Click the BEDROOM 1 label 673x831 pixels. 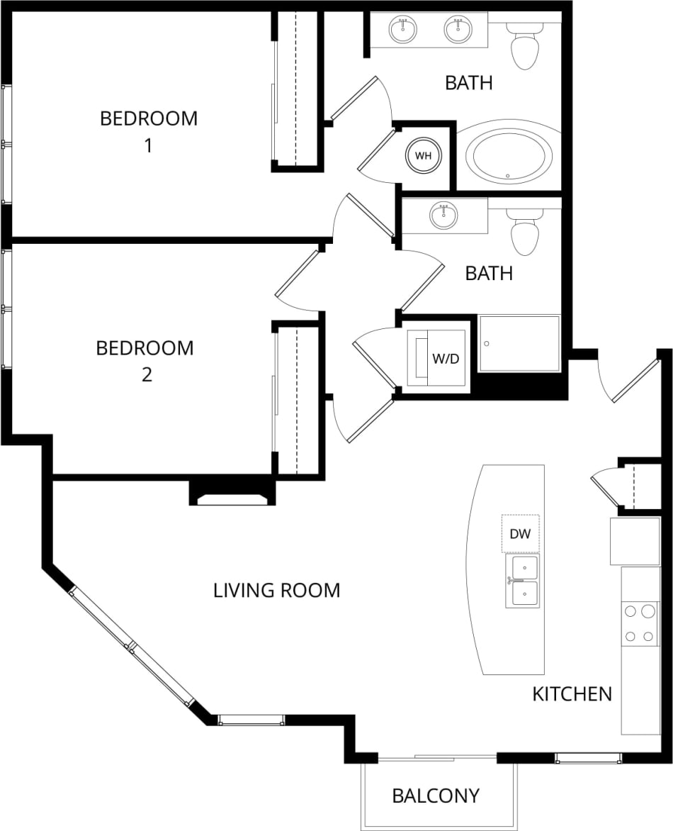[148, 131]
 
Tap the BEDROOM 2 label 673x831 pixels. [145, 360]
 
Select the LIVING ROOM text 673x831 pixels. [276, 590]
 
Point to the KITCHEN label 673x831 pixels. [572, 693]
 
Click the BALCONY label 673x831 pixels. [436, 796]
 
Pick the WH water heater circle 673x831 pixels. [423, 155]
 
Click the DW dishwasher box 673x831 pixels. [521, 534]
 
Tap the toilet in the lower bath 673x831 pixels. [525, 233]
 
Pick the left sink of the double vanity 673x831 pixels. [402, 29]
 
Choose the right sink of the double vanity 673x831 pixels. [458, 29]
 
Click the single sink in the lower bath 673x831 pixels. [444, 216]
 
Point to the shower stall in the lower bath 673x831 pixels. [519, 344]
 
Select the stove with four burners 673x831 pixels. [640, 623]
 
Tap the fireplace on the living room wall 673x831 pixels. [232, 495]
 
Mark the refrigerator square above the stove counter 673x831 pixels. [635, 541]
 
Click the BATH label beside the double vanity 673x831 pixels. [468, 82]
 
